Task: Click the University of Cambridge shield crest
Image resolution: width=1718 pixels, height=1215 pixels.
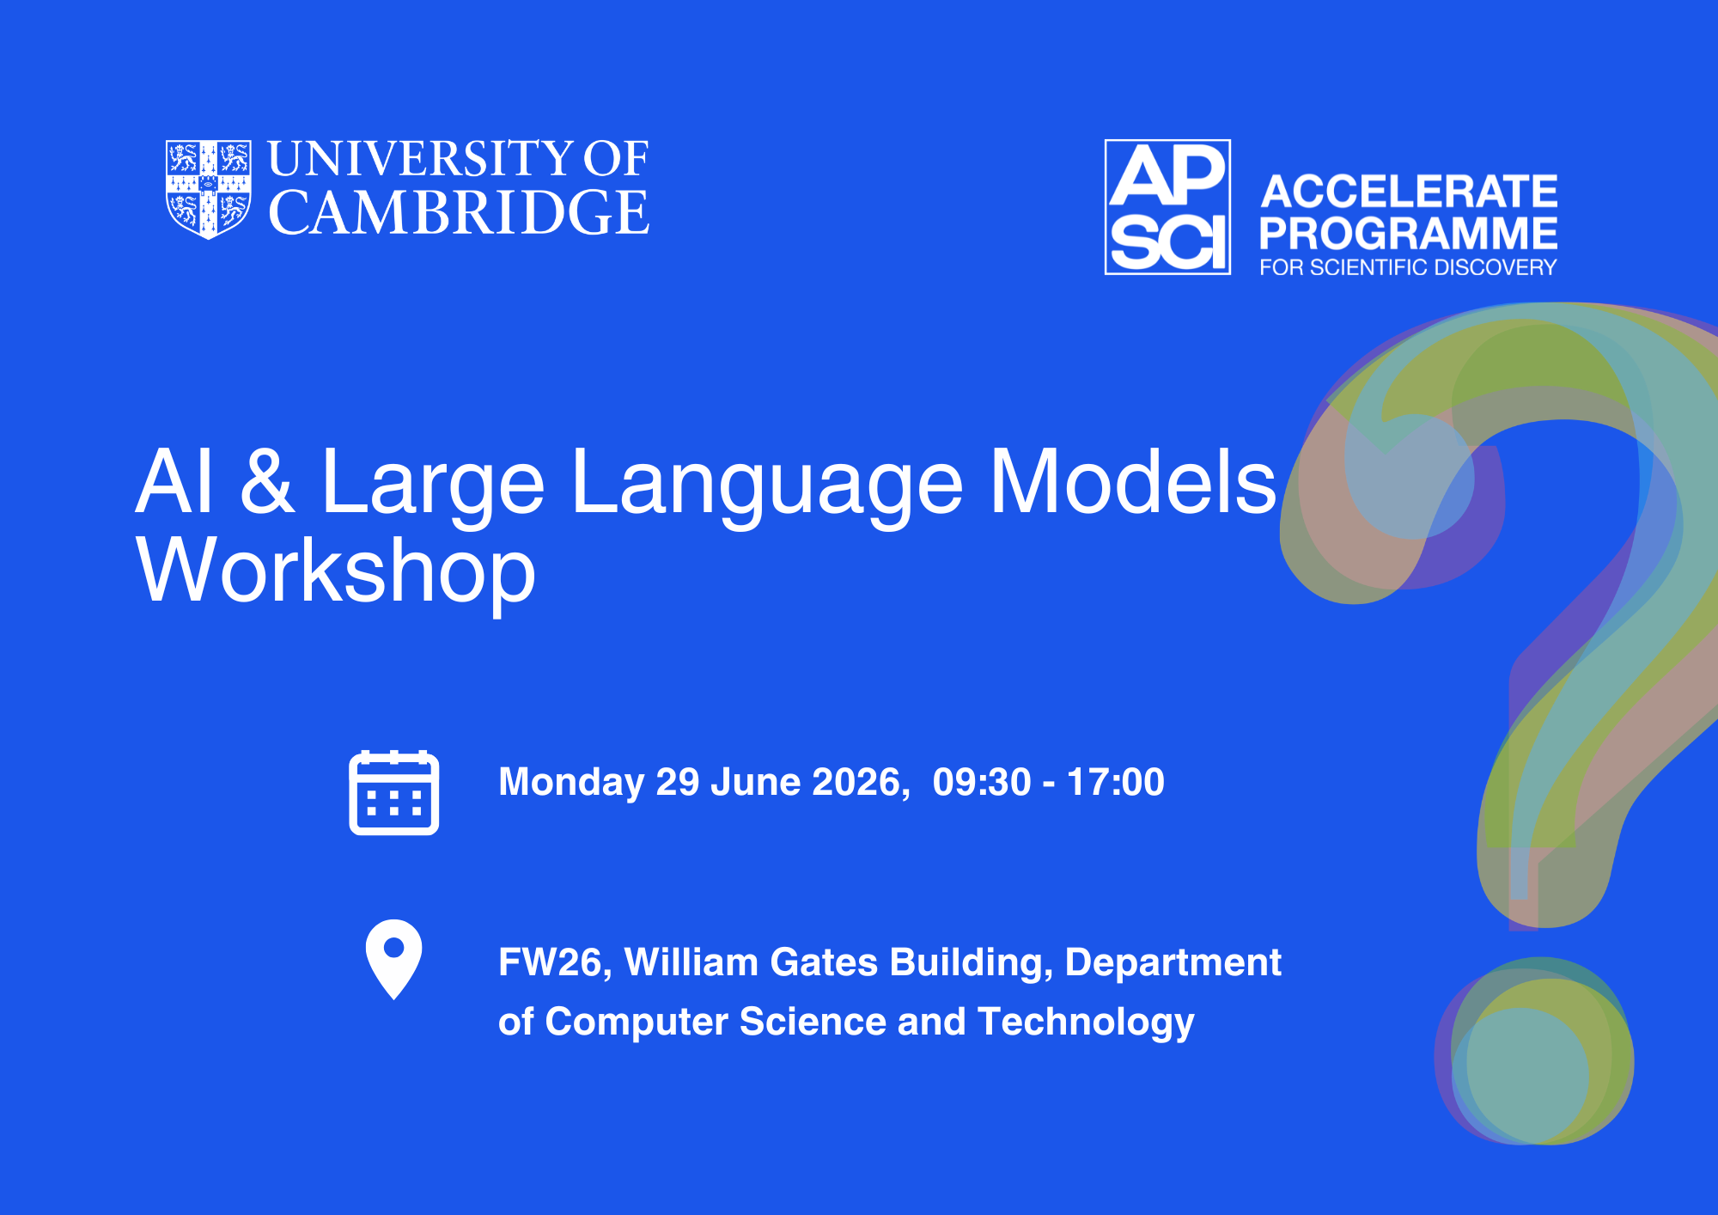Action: coord(208,189)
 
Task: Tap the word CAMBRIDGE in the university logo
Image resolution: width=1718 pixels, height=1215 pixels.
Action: coord(459,213)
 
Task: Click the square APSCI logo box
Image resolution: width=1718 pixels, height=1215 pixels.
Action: coord(1167,207)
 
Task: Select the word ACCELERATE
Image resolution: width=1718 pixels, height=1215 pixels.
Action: coord(1409,191)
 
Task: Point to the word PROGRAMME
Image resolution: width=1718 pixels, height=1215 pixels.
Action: coord(1409,233)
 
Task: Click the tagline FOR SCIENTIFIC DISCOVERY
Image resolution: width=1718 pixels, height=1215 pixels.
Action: coord(1408,267)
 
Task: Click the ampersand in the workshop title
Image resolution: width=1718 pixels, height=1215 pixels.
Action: coord(267,482)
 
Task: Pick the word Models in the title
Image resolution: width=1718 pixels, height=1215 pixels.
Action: coord(1134,482)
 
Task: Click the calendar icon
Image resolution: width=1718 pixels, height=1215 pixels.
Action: coord(394,792)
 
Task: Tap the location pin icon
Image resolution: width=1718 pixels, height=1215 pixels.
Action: coord(394,960)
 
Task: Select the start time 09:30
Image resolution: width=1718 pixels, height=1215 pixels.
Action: coord(982,782)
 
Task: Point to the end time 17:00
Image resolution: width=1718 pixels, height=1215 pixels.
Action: coord(1116,782)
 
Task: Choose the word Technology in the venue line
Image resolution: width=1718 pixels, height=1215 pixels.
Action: coord(1087,1023)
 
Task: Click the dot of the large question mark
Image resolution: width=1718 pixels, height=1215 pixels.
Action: coord(1534,1051)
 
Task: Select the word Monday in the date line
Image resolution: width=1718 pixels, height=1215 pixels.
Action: coord(571,783)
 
